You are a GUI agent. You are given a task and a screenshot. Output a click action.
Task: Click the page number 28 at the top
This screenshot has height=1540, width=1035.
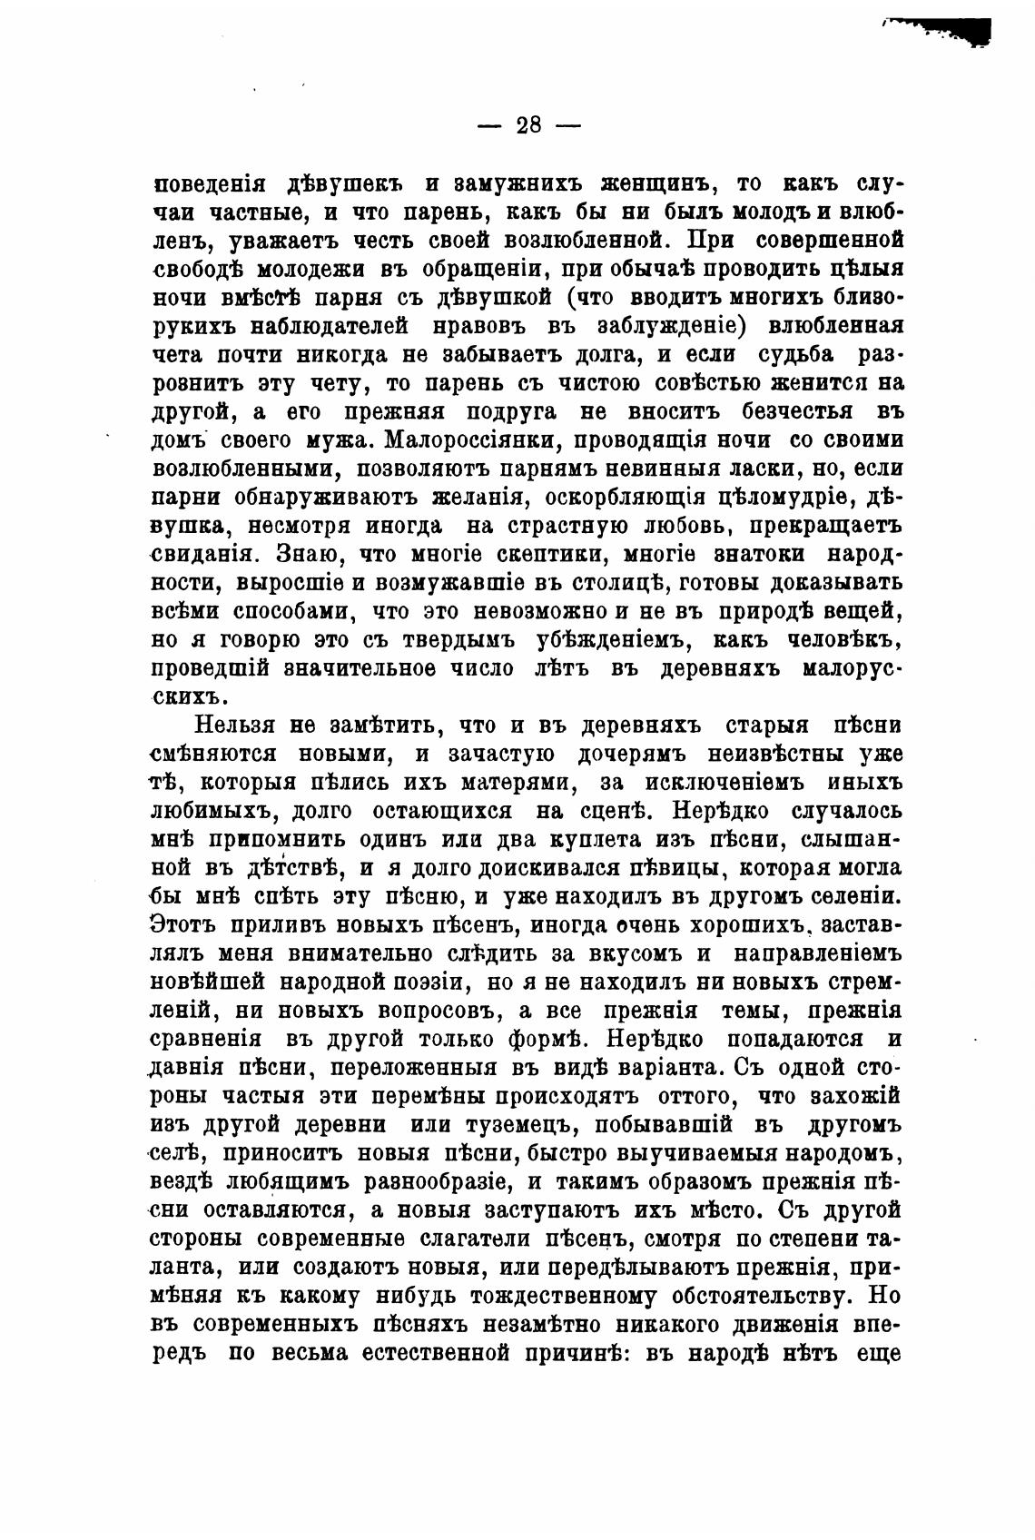coord(528,125)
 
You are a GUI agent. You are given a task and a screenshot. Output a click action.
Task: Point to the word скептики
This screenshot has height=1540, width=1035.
coord(586,554)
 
